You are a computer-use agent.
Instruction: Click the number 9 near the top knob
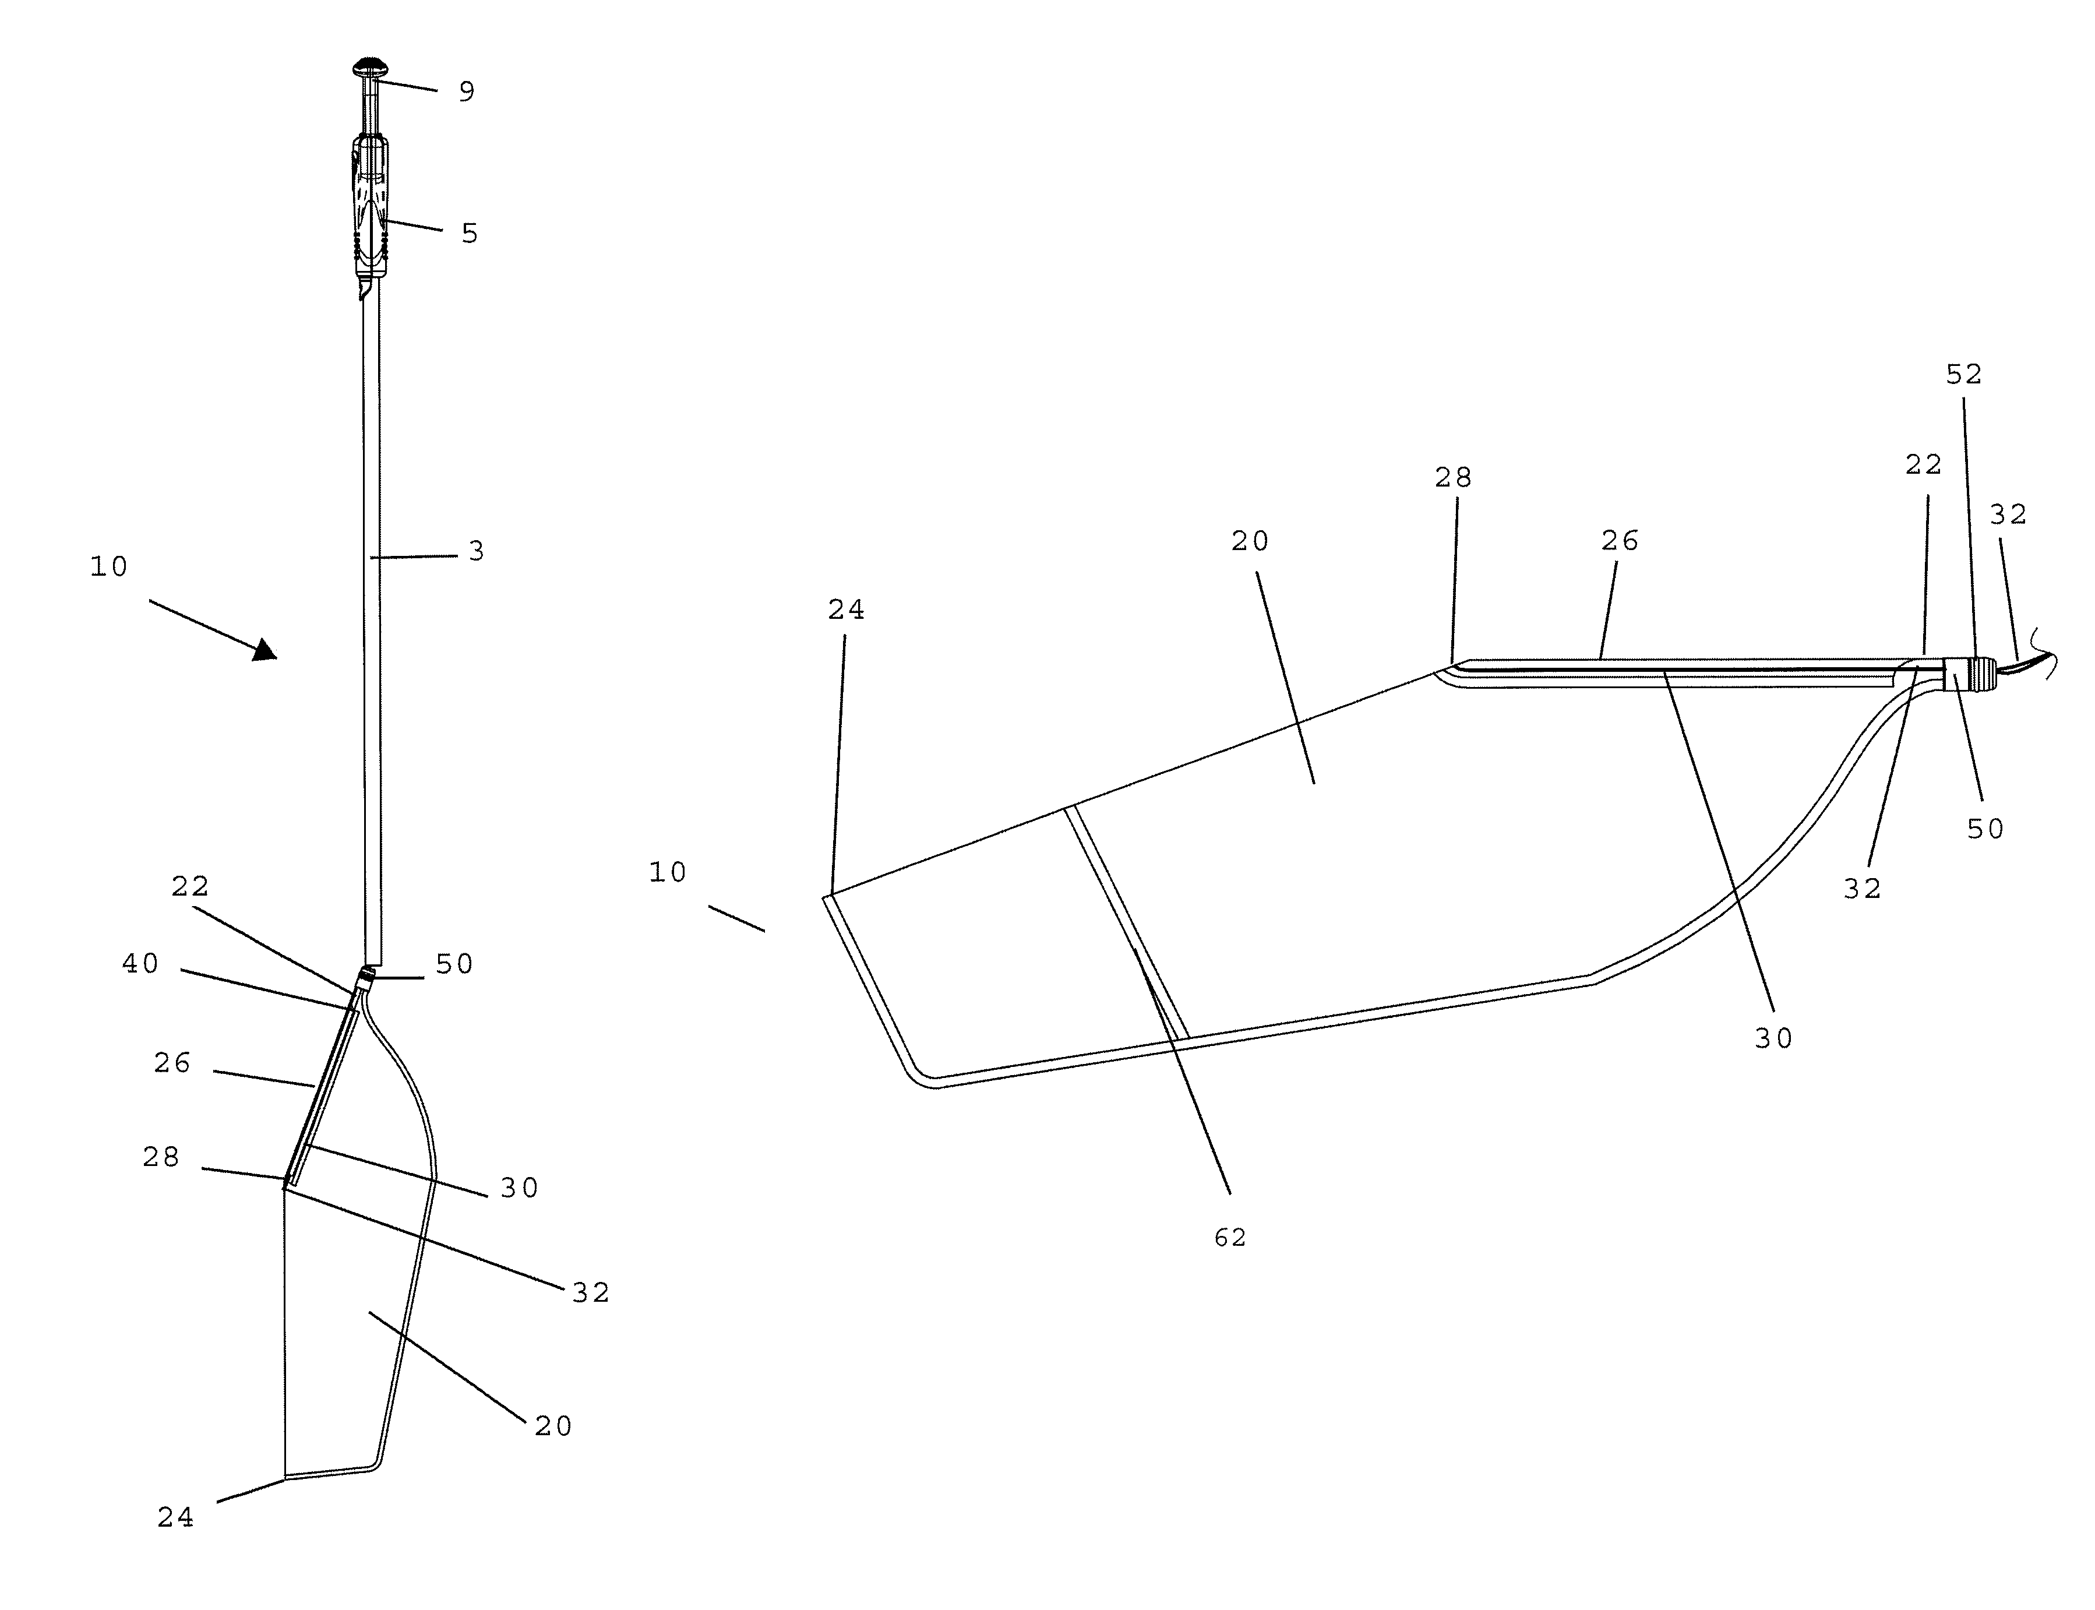(x=467, y=92)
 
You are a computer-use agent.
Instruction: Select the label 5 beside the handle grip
(x=470, y=234)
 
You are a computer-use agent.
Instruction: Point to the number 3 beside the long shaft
(x=476, y=552)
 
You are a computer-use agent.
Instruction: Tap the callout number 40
(x=141, y=963)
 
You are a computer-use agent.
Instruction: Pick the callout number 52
(x=1964, y=375)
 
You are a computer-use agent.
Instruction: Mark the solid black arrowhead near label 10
(x=264, y=651)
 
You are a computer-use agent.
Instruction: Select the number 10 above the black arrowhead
(x=109, y=568)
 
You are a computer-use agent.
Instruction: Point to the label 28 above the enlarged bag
(x=1453, y=477)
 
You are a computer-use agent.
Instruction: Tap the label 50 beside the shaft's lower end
(x=455, y=964)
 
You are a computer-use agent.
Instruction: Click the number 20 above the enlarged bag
(x=1251, y=542)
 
